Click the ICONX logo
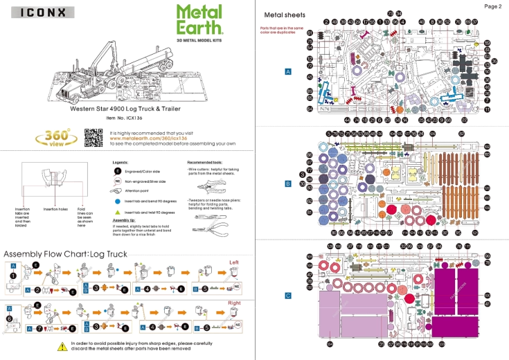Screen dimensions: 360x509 click(x=39, y=12)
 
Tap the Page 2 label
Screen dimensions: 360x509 click(x=492, y=6)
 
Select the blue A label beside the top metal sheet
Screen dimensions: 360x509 click(x=288, y=71)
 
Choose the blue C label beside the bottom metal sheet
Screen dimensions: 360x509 click(x=288, y=296)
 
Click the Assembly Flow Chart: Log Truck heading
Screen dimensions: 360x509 click(x=66, y=254)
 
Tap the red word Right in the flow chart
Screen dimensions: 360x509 click(x=235, y=303)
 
